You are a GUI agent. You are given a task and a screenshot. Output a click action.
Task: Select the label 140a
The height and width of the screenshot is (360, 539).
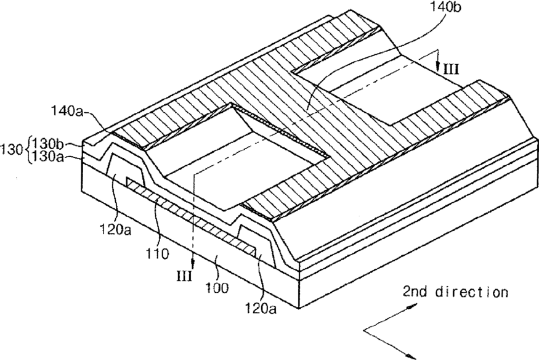point(67,112)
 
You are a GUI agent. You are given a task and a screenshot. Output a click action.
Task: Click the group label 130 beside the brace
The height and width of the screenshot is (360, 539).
point(13,150)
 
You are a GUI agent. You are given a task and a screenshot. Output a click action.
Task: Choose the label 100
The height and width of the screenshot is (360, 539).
point(217,287)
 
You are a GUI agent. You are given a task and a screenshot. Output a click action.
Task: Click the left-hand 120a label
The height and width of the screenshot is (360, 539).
point(115,229)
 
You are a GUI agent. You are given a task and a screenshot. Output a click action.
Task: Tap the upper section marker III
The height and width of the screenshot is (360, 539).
point(451,70)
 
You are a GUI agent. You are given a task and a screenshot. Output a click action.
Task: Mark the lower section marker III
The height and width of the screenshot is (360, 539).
point(184,276)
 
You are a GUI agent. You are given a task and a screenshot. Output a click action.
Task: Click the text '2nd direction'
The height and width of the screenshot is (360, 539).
point(455,292)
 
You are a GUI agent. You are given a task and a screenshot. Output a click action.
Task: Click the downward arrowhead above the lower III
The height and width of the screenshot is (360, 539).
point(193,264)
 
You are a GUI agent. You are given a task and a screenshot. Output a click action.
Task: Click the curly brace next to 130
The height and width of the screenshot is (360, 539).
point(28,150)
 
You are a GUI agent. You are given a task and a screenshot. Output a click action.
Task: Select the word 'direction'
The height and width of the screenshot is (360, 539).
point(472,292)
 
